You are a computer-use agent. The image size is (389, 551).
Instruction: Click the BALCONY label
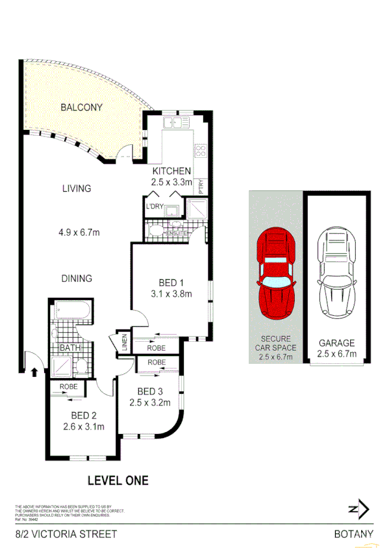[81, 107]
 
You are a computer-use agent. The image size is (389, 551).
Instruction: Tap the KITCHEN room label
[171, 171]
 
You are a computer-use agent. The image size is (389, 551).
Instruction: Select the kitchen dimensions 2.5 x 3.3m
[171, 183]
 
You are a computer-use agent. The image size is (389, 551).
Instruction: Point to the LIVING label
[77, 188]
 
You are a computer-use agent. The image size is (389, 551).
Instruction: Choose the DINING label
[77, 278]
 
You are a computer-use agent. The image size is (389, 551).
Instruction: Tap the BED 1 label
[172, 283]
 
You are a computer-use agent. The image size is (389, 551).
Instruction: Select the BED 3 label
[150, 391]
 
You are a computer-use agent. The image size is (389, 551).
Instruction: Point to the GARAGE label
[336, 342]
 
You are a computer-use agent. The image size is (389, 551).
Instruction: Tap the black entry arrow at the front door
[34, 372]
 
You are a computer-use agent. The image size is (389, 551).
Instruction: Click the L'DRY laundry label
[155, 207]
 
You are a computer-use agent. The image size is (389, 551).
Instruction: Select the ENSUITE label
[177, 233]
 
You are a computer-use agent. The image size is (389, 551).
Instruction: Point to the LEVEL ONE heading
[118, 481]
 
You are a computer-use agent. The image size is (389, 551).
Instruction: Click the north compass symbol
[358, 509]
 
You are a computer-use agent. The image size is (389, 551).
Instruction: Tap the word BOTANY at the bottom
[354, 534]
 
